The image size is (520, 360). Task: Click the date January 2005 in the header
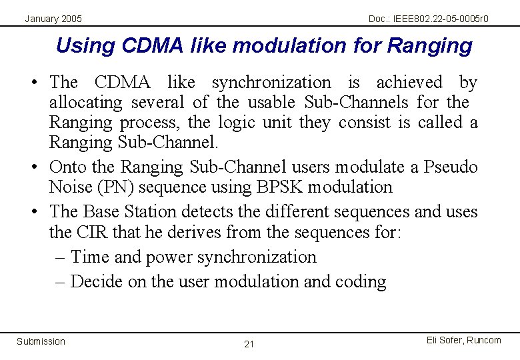(53, 19)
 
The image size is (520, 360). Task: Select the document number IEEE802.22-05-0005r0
(428, 19)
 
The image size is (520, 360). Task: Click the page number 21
(249, 344)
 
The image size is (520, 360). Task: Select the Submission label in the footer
(41, 341)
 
